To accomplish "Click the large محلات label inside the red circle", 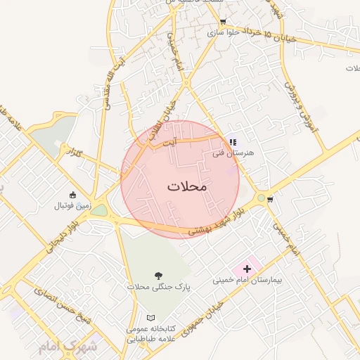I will tap(188, 187).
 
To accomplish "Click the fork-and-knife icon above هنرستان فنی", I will tap(233, 142).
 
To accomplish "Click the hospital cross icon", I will tap(247, 269).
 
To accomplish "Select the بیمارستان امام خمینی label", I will tap(247, 280).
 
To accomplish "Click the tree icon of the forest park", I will tap(157, 276).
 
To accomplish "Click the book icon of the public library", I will tap(150, 318).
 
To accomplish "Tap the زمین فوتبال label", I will tap(72, 206).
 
